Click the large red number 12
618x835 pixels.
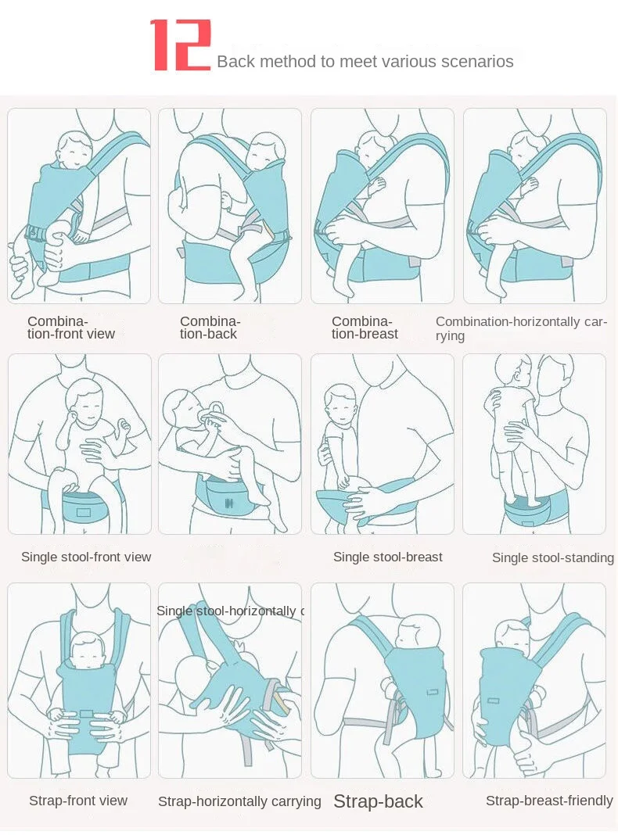[x=181, y=46]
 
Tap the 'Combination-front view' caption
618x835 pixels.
[x=71, y=328]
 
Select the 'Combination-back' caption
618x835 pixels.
[x=210, y=328]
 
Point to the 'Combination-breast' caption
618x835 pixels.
[x=365, y=328]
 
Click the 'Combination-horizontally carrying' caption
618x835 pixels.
[x=521, y=328]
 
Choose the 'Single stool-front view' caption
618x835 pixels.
[x=86, y=557]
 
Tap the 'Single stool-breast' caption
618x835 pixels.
[x=387, y=557]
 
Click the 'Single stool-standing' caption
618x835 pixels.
[x=552, y=557]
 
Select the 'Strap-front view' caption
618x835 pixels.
[x=78, y=801]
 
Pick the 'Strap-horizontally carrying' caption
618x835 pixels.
[x=239, y=801]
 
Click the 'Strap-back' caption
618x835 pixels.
[x=378, y=801]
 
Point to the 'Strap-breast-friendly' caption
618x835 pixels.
[x=549, y=801]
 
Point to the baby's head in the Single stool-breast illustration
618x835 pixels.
[x=340, y=400]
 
